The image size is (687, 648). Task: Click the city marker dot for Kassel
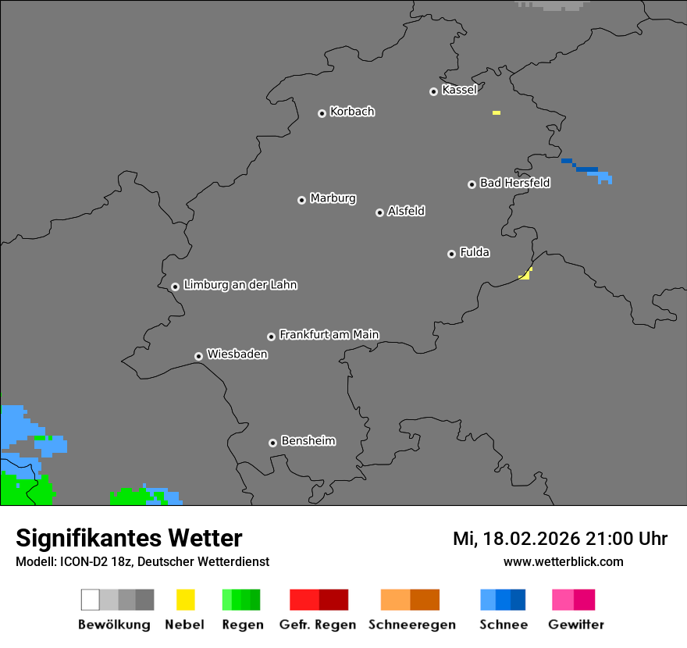point(434,91)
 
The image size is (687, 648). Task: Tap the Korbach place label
point(352,112)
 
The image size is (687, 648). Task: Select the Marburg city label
point(333,198)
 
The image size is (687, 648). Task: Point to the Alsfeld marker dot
point(380,212)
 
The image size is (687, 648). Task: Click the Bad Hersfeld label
point(514,183)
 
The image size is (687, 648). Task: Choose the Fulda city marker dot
point(452,254)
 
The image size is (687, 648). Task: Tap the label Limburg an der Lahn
point(240,285)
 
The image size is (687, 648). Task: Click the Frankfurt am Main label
point(329,335)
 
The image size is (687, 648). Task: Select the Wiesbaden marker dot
point(199,356)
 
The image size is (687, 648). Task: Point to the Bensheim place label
point(308,441)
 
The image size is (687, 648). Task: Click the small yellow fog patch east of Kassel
point(497,113)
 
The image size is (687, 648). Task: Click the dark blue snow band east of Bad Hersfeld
point(586,169)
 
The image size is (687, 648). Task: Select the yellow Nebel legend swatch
point(185,600)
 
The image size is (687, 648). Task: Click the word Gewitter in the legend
point(576,625)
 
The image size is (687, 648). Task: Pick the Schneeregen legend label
point(411,625)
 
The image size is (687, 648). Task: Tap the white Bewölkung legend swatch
point(91,600)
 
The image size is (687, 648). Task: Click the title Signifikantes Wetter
point(129,538)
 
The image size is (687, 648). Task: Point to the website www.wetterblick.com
point(563,561)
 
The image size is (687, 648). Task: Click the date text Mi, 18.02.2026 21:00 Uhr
point(560,539)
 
